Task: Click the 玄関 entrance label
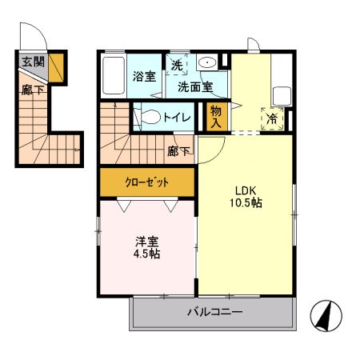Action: pyautogui.click(x=32, y=62)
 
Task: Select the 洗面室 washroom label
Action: pyautogui.click(x=194, y=86)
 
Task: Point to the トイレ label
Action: pyautogui.click(x=177, y=118)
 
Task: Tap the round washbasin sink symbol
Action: pyautogui.click(x=207, y=63)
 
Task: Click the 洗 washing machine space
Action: pyautogui.click(x=176, y=63)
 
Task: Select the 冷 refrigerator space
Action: pyautogui.click(x=273, y=118)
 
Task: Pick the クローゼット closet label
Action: pyautogui.click(x=147, y=182)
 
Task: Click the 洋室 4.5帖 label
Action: pyautogui.click(x=145, y=246)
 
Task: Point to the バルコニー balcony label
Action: pyautogui.click(x=214, y=312)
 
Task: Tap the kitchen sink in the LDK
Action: pyautogui.click(x=282, y=94)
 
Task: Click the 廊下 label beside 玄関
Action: pyautogui.click(x=31, y=90)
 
